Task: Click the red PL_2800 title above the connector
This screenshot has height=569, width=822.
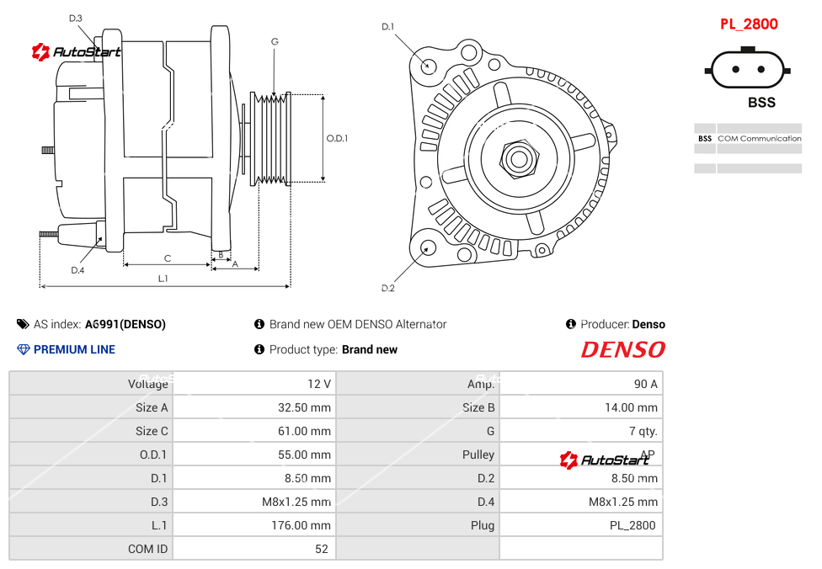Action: pyautogui.click(x=749, y=24)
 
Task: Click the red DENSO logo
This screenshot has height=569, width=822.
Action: pyautogui.click(x=622, y=349)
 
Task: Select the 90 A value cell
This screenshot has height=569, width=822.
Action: pyautogui.click(x=645, y=384)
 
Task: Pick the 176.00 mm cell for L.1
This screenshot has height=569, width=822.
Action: pyautogui.click(x=307, y=525)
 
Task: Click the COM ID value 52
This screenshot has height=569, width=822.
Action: pyautogui.click(x=323, y=549)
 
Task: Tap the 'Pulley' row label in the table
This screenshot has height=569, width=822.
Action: pyautogui.click(x=478, y=455)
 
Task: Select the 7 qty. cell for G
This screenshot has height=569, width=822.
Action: pyautogui.click(x=649, y=431)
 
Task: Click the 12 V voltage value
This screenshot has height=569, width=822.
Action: pyautogui.click(x=319, y=384)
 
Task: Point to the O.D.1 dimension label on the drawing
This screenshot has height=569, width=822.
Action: pyautogui.click(x=337, y=138)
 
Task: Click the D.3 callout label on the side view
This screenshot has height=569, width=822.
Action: pyautogui.click(x=76, y=19)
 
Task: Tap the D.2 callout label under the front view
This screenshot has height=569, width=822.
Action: pyautogui.click(x=387, y=288)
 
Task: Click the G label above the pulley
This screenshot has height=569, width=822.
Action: pyautogui.click(x=275, y=41)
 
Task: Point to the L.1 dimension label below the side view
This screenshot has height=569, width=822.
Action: pyautogui.click(x=163, y=279)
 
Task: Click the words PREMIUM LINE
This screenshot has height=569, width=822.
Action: pyautogui.click(x=74, y=349)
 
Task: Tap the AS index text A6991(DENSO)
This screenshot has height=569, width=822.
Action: pyautogui.click(x=125, y=324)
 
